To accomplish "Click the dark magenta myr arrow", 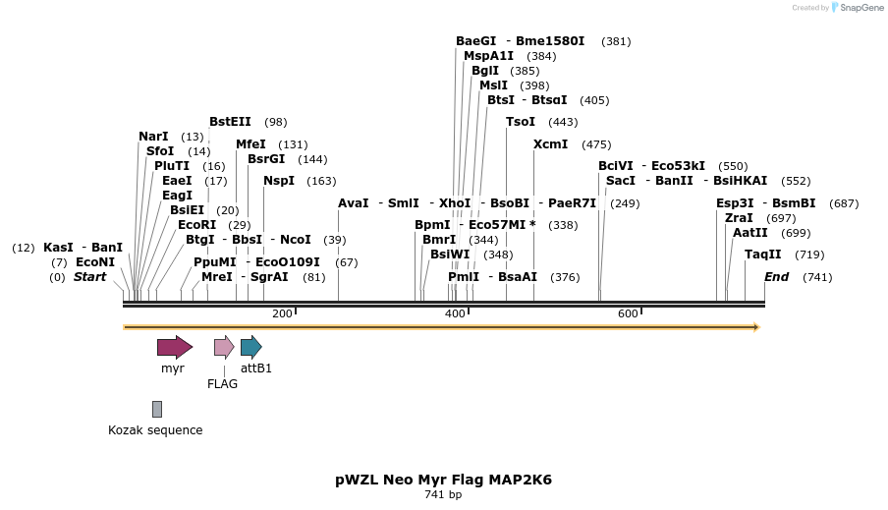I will point(174,346).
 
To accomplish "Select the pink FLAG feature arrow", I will point(224,346).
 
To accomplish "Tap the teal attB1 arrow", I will point(250,346).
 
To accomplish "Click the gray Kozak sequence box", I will point(157,409).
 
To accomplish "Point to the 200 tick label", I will point(282,313).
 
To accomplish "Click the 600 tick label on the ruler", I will point(628,313).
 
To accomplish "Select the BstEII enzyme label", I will point(230,122).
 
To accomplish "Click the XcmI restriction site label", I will point(550,144).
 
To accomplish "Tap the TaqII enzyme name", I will point(762,255).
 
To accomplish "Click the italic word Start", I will point(89,277).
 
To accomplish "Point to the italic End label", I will point(776,277).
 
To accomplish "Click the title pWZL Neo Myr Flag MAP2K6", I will point(443,481).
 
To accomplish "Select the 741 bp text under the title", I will point(443,495).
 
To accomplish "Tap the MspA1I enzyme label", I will point(488,56).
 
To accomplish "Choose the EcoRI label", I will point(196,225).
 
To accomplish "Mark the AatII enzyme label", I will point(751,233).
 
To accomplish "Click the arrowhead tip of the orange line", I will point(757,326).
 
